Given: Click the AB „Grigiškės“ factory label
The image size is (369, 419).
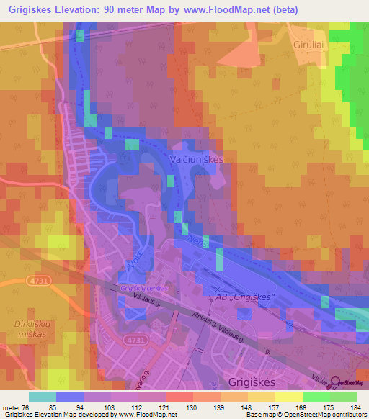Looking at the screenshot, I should (241, 297).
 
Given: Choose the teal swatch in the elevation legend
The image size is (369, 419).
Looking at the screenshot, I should (42, 397).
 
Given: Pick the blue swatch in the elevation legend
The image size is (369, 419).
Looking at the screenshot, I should (69, 397).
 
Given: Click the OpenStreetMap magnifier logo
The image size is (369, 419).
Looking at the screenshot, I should (336, 375).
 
